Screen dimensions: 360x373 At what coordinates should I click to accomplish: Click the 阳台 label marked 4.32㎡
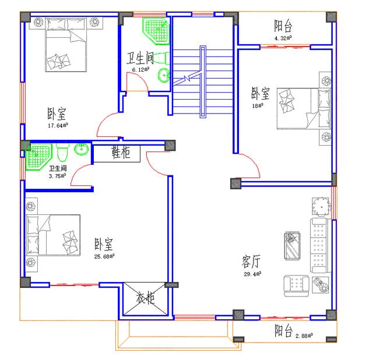[x=283, y=26]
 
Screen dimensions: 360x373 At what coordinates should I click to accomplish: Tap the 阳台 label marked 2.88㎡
[x=284, y=331]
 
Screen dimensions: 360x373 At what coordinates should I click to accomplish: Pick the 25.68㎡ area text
[x=104, y=255]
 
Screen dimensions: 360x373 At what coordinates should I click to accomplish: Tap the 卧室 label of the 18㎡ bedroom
[x=260, y=93]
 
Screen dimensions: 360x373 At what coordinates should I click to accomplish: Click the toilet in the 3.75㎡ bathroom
[x=64, y=152]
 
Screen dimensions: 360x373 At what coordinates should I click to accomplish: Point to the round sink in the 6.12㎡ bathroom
[x=165, y=74]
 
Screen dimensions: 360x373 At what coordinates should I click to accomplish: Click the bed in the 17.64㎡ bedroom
[x=67, y=44]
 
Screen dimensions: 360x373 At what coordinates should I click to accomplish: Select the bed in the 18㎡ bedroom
[x=298, y=108]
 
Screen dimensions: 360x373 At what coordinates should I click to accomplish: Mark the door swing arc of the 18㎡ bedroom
[x=249, y=166]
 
